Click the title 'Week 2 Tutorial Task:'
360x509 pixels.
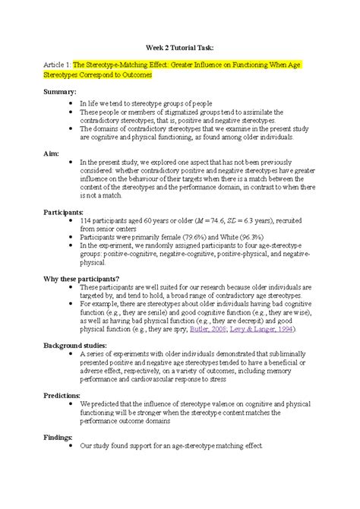coord(179,47)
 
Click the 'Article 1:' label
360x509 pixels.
coord(58,67)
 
